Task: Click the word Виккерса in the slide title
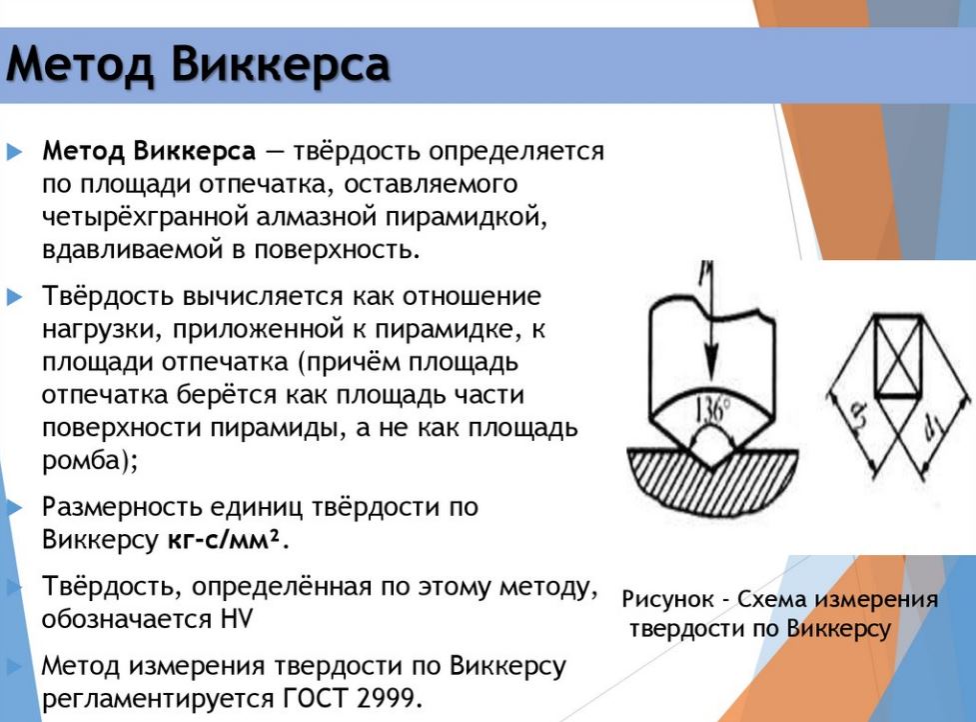tap(280, 65)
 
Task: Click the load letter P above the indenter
tap(712, 272)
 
